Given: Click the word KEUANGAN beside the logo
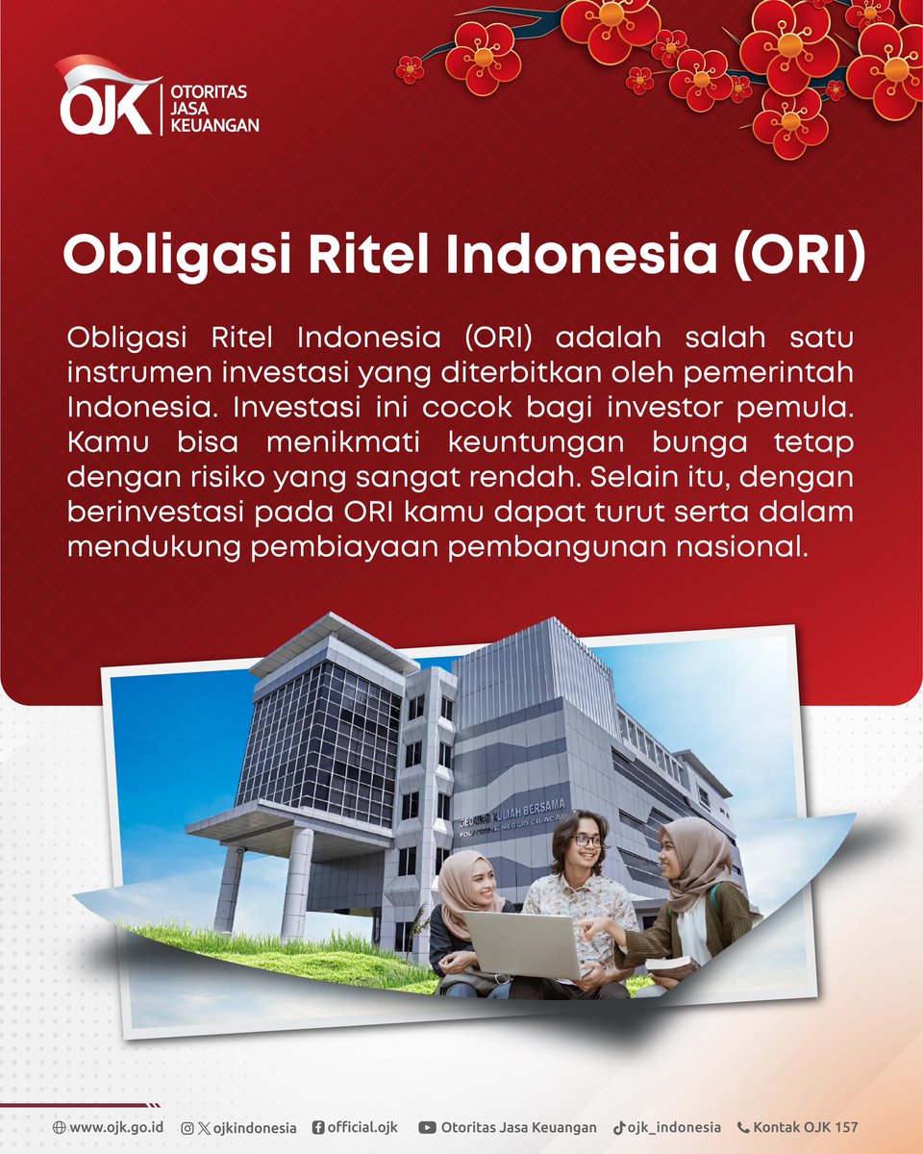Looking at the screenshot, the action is [x=214, y=125].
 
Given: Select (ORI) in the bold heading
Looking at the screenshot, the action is [x=799, y=255].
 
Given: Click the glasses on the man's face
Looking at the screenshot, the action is [x=587, y=840].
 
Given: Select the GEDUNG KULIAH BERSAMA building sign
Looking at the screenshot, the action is [x=512, y=814].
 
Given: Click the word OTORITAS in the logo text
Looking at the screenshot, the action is [x=209, y=91].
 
